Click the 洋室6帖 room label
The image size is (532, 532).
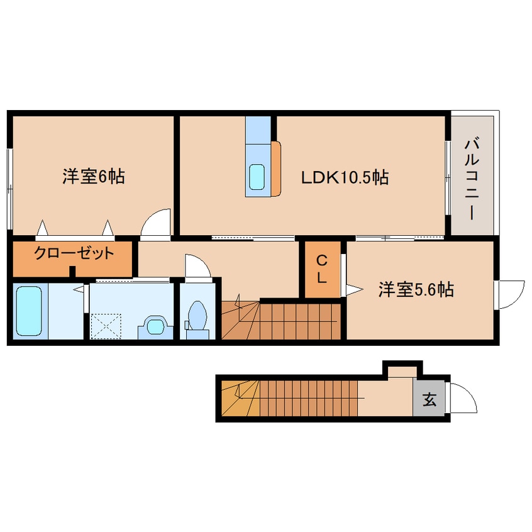tap(93, 177)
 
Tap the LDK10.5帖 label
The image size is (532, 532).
tap(345, 177)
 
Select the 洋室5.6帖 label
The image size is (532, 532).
tap(416, 290)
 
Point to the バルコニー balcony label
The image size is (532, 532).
tap(472, 179)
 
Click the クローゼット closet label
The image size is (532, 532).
tap(74, 253)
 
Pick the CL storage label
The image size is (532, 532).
tap(321, 269)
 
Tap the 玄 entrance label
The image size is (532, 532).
tap(429, 399)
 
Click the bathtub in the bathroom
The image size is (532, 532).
tap(29, 311)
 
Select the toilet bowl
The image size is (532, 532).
tap(197, 316)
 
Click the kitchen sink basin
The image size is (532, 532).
tap(257, 177)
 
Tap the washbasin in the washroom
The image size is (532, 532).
tap(156, 327)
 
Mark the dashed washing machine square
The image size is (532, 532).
tap(106, 326)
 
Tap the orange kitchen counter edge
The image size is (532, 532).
tap(276, 169)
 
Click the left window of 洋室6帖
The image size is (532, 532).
tap(10, 189)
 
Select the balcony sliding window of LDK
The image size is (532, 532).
tap(448, 178)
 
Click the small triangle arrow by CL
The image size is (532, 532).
tap(354, 289)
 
